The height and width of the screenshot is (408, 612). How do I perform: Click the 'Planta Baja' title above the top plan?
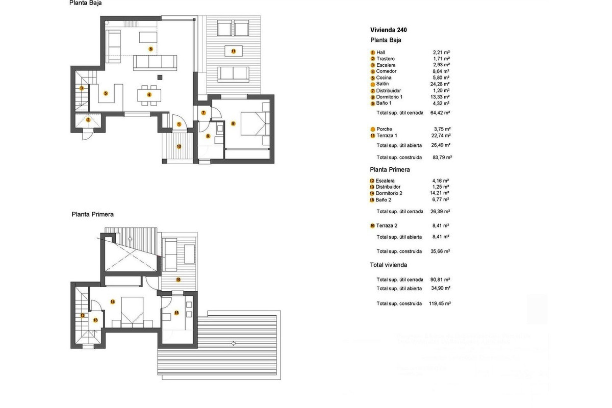point(85,3)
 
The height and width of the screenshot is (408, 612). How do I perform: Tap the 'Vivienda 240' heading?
point(388,30)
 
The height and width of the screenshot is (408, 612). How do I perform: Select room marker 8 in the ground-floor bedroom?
point(233,123)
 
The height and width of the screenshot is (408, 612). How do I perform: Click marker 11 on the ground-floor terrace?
point(233,51)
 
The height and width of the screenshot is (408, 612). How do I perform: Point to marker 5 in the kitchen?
point(106,93)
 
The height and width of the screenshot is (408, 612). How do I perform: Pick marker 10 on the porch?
point(179,146)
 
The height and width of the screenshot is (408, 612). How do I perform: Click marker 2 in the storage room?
point(88,120)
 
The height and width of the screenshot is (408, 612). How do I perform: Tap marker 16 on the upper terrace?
point(178,280)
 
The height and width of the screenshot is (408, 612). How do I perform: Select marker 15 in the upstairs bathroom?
point(177,313)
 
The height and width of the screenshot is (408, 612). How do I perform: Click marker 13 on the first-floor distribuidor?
point(95,320)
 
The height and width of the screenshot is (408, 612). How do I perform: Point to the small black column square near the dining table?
point(160,77)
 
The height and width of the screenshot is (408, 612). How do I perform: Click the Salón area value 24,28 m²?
point(440,84)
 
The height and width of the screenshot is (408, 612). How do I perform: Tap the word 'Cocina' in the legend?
point(383,78)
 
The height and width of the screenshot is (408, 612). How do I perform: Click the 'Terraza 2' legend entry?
point(386,226)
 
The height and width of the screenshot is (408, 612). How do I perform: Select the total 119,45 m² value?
point(440,304)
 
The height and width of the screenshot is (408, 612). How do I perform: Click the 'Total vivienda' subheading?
point(388,265)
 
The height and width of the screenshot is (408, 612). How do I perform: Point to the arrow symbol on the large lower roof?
point(234,343)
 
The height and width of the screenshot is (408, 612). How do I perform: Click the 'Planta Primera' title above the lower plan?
point(92,214)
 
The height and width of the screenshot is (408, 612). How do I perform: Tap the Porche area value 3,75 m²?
point(442,129)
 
